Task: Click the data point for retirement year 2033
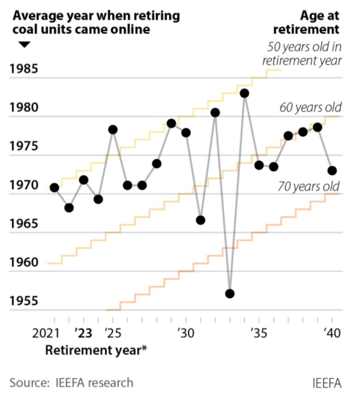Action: (x=230, y=294)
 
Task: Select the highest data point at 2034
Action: (x=244, y=94)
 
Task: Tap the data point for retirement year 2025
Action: (x=113, y=129)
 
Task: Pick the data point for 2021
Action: (x=54, y=187)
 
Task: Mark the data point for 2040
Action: (x=332, y=170)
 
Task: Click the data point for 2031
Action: (x=201, y=220)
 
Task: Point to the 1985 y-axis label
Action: (x=24, y=69)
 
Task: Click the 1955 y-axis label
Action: (x=24, y=301)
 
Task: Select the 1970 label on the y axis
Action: (x=24, y=185)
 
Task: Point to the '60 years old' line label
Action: (x=310, y=107)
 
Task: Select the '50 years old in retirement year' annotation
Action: (x=302, y=54)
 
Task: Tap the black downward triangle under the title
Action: (x=24, y=45)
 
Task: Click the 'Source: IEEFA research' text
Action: (x=71, y=382)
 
